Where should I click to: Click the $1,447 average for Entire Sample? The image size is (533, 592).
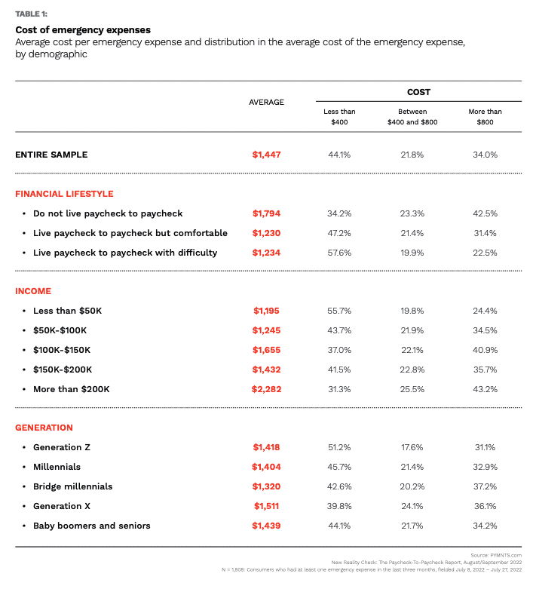tap(266, 155)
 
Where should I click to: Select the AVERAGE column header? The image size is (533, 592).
tap(266, 102)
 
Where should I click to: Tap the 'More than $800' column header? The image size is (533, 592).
tap(485, 116)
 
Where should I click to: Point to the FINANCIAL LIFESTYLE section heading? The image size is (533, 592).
tap(64, 194)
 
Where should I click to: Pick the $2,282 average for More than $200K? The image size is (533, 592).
tap(266, 389)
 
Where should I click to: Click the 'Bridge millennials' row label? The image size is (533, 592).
tap(72, 486)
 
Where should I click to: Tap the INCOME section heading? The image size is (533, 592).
tap(33, 291)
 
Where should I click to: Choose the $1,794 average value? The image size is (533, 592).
tap(266, 213)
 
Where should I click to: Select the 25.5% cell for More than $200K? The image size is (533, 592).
tap(412, 389)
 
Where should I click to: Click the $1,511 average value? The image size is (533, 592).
tap(266, 506)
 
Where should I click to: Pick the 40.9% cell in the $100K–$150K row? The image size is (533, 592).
tap(485, 350)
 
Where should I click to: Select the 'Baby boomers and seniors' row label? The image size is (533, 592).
tap(91, 526)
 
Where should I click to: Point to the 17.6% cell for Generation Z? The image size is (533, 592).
tap(412, 447)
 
